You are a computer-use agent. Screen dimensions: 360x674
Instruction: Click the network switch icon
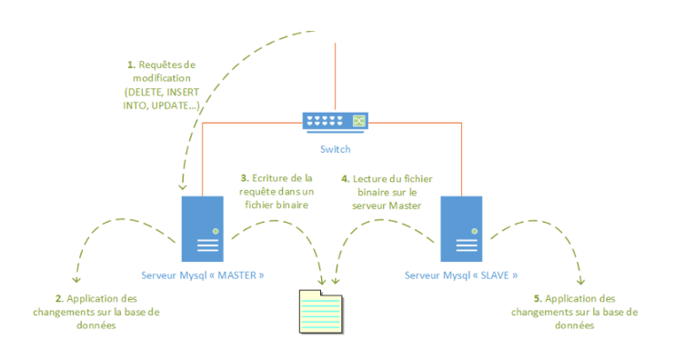coord(336,121)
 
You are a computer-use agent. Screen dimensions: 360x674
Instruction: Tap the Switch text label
coord(336,148)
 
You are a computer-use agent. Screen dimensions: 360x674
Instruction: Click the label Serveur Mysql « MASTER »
coord(202,275)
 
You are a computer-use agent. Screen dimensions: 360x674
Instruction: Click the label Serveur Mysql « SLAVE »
coord(460,275)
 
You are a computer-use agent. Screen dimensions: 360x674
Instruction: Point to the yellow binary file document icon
coord(322,313)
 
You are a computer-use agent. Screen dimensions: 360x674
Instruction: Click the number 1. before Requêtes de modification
coord(132,65)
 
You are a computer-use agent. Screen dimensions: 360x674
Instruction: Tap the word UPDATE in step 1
coord(178,106)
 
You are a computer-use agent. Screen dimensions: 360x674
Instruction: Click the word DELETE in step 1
coord(145,93)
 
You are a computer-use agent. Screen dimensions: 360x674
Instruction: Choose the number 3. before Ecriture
coord(244,178)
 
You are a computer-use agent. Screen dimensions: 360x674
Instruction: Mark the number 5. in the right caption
coord(538,298)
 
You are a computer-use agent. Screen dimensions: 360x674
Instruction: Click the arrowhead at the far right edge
coord(581,279)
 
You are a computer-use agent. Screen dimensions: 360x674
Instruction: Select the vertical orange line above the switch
coord(336,73)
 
